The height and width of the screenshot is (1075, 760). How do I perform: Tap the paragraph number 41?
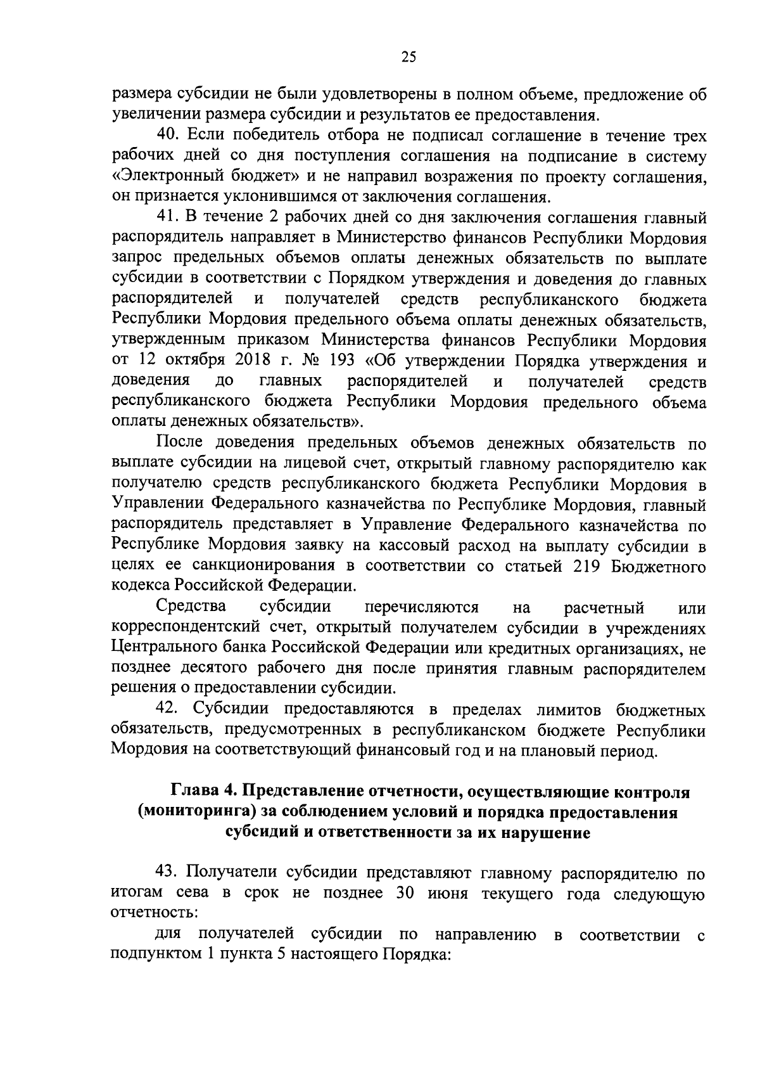pos(167,219)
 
